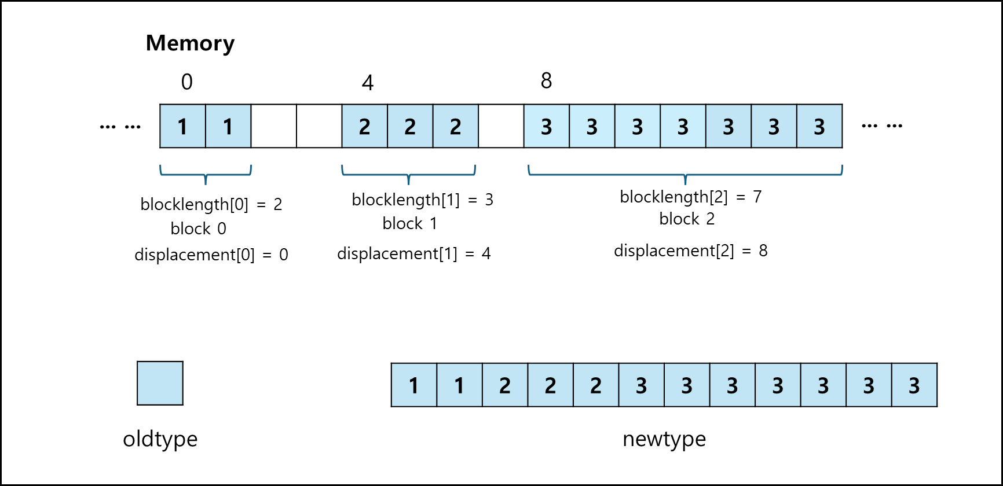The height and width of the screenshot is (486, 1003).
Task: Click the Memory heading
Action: tap(190, 43)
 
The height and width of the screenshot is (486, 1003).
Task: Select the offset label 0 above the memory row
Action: tap(186, 82)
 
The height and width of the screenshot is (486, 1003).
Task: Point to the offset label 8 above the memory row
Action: tap(546, 81)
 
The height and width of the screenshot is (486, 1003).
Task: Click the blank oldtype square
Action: tap(160, 383)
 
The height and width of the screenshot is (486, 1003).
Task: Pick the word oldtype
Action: tap(160, 439)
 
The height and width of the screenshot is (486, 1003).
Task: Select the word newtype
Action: tap(664, 439)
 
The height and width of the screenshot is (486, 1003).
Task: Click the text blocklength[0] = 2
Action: tap(211, 204)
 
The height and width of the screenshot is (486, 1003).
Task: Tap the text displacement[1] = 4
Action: tap(414, 253)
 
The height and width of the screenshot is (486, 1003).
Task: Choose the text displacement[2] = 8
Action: tap(691, 251)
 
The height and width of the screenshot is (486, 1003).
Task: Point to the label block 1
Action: tap(410, 223)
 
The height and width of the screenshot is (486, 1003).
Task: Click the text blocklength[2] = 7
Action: tap(691, 197)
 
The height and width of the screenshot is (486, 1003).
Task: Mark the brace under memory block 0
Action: tap(206, 174)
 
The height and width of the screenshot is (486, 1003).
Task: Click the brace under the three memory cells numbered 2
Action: tap(409, 174)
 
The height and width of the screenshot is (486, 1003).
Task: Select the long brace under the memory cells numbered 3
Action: tap(685, 174)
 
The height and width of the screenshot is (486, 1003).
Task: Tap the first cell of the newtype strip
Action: tap(414, 385)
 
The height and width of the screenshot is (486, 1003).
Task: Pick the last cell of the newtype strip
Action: tap(914, 385)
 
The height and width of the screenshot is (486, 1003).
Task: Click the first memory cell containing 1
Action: tap(182, 126)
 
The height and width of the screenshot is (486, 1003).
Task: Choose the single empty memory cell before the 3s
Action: tap(501, 126)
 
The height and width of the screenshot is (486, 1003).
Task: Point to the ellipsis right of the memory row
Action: tap(882, 126)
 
